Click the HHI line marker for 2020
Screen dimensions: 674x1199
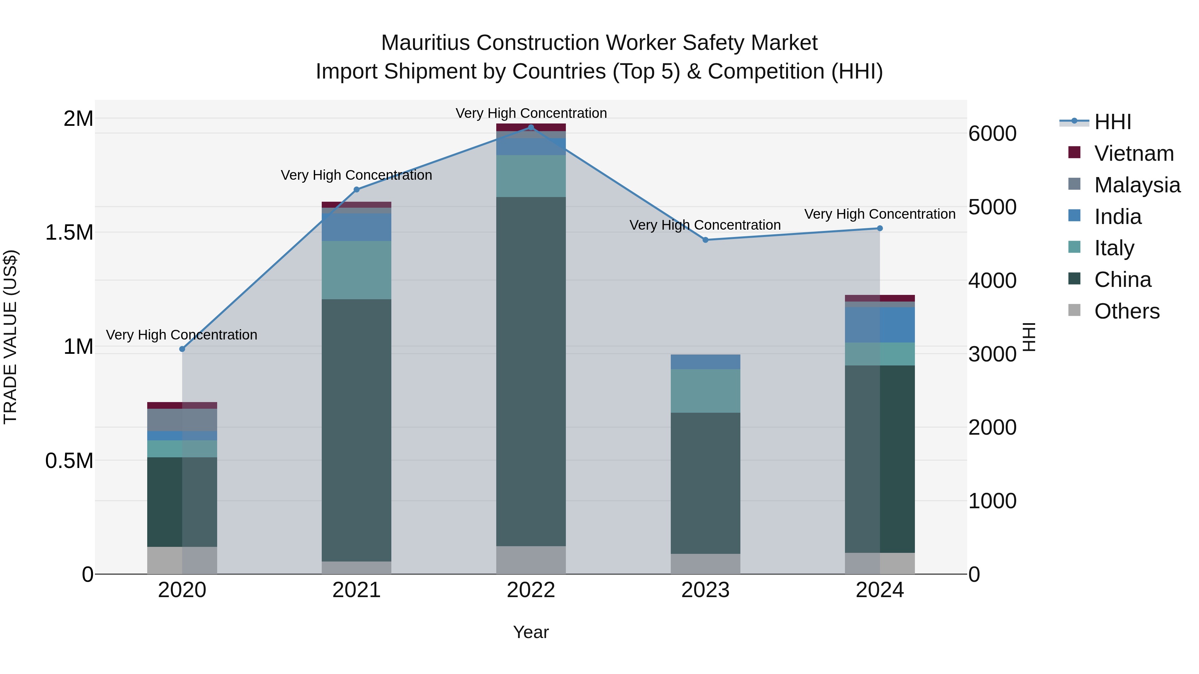(x=182, y=349)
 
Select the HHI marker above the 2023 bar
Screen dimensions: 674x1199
(x=705, y=240)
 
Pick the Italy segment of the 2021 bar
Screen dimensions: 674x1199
(x=356, y=270)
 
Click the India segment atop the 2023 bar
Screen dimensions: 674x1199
(x=705, y=362)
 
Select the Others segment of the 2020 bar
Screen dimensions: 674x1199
(x=182, y=560)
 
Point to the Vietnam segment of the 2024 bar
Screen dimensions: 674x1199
(x=880, y=298)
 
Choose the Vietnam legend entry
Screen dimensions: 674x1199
(x=1133, y=153)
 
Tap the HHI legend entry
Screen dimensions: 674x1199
(x=1112, y=122)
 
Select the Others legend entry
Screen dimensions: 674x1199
(x=1126, y=311)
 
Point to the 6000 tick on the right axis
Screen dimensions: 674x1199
(x=993, y=134)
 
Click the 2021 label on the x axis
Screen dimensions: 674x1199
(x=356, y=590)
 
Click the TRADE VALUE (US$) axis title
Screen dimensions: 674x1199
(x=10, y=337)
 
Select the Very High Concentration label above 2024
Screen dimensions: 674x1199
(x=880, y=214)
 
